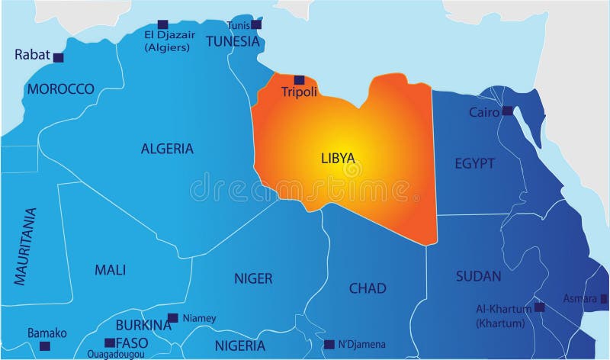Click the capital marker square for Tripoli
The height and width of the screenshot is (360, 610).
299,79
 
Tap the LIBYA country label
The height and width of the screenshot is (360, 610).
338,157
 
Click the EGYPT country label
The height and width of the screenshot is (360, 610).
475,163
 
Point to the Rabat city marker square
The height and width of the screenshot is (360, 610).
58,57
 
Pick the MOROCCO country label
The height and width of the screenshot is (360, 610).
60,89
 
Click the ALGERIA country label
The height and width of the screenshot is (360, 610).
167,149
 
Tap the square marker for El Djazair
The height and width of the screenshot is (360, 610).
162,24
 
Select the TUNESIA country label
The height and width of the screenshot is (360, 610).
233,41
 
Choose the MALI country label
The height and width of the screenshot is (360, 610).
110,269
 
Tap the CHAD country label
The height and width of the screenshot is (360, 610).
368,288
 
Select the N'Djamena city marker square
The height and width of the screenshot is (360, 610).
329,344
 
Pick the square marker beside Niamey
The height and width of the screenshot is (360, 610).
173,318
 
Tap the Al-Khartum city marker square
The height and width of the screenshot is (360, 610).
540,307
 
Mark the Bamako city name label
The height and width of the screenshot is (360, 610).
47,333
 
